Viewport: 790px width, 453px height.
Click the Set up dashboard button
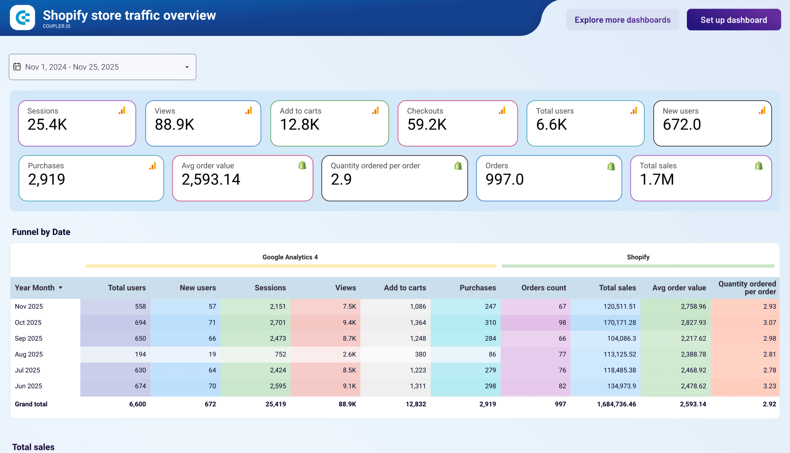click(x=733, y=20)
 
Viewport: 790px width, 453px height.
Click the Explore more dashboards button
click(x=622, y=20)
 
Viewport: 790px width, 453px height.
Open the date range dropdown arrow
click(x=187, y=67)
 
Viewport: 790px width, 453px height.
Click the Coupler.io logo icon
click(x=23, y=17)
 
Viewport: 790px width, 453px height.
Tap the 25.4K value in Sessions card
click(x=47, y=124)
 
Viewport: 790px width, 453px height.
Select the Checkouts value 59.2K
click(x=426, y=124)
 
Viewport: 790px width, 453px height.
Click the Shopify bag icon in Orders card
click(x=611, y=166)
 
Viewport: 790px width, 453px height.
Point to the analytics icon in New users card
click(x=762, y=111)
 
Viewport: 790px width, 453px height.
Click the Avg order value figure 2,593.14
click(x=211, y=180)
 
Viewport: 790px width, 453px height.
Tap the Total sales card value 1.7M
click(x=656, y=180)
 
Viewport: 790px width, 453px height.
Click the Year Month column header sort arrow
click(x=61, y=288)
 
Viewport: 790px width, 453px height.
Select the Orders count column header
click(x=543, y=288)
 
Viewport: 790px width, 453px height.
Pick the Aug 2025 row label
click(x=29, y=354)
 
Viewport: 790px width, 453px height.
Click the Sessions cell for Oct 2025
click(x=277, y=323)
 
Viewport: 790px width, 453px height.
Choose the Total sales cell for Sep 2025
click(x=622, y=339)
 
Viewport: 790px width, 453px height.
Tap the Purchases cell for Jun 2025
click(x=490, y=386)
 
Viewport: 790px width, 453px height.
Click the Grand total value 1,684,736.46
click(x=616, y=404)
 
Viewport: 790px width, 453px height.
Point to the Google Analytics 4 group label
click(x=290, y=257)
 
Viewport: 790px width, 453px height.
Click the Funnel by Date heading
click(x=41, y=232)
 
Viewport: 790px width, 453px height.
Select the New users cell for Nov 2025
click(x=212, y=306)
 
